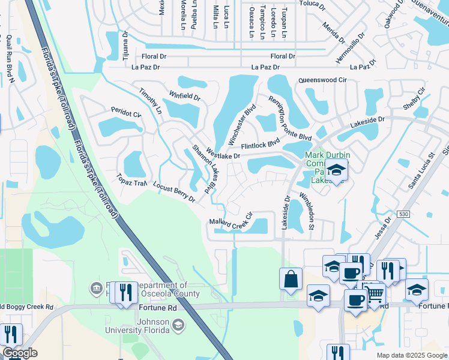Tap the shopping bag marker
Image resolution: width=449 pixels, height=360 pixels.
[x=291, y=279]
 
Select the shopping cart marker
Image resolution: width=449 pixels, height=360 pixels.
[x=375, y=293]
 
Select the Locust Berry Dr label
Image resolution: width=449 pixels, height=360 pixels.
[x=173, y=191]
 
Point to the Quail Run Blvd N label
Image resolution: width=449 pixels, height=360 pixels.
[x=9, y=59]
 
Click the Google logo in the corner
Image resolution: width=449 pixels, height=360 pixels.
[x=20, y=353]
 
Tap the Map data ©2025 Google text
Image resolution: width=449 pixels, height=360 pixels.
[x=411, y=355]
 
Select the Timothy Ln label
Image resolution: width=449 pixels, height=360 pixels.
[x=150, y=101]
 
